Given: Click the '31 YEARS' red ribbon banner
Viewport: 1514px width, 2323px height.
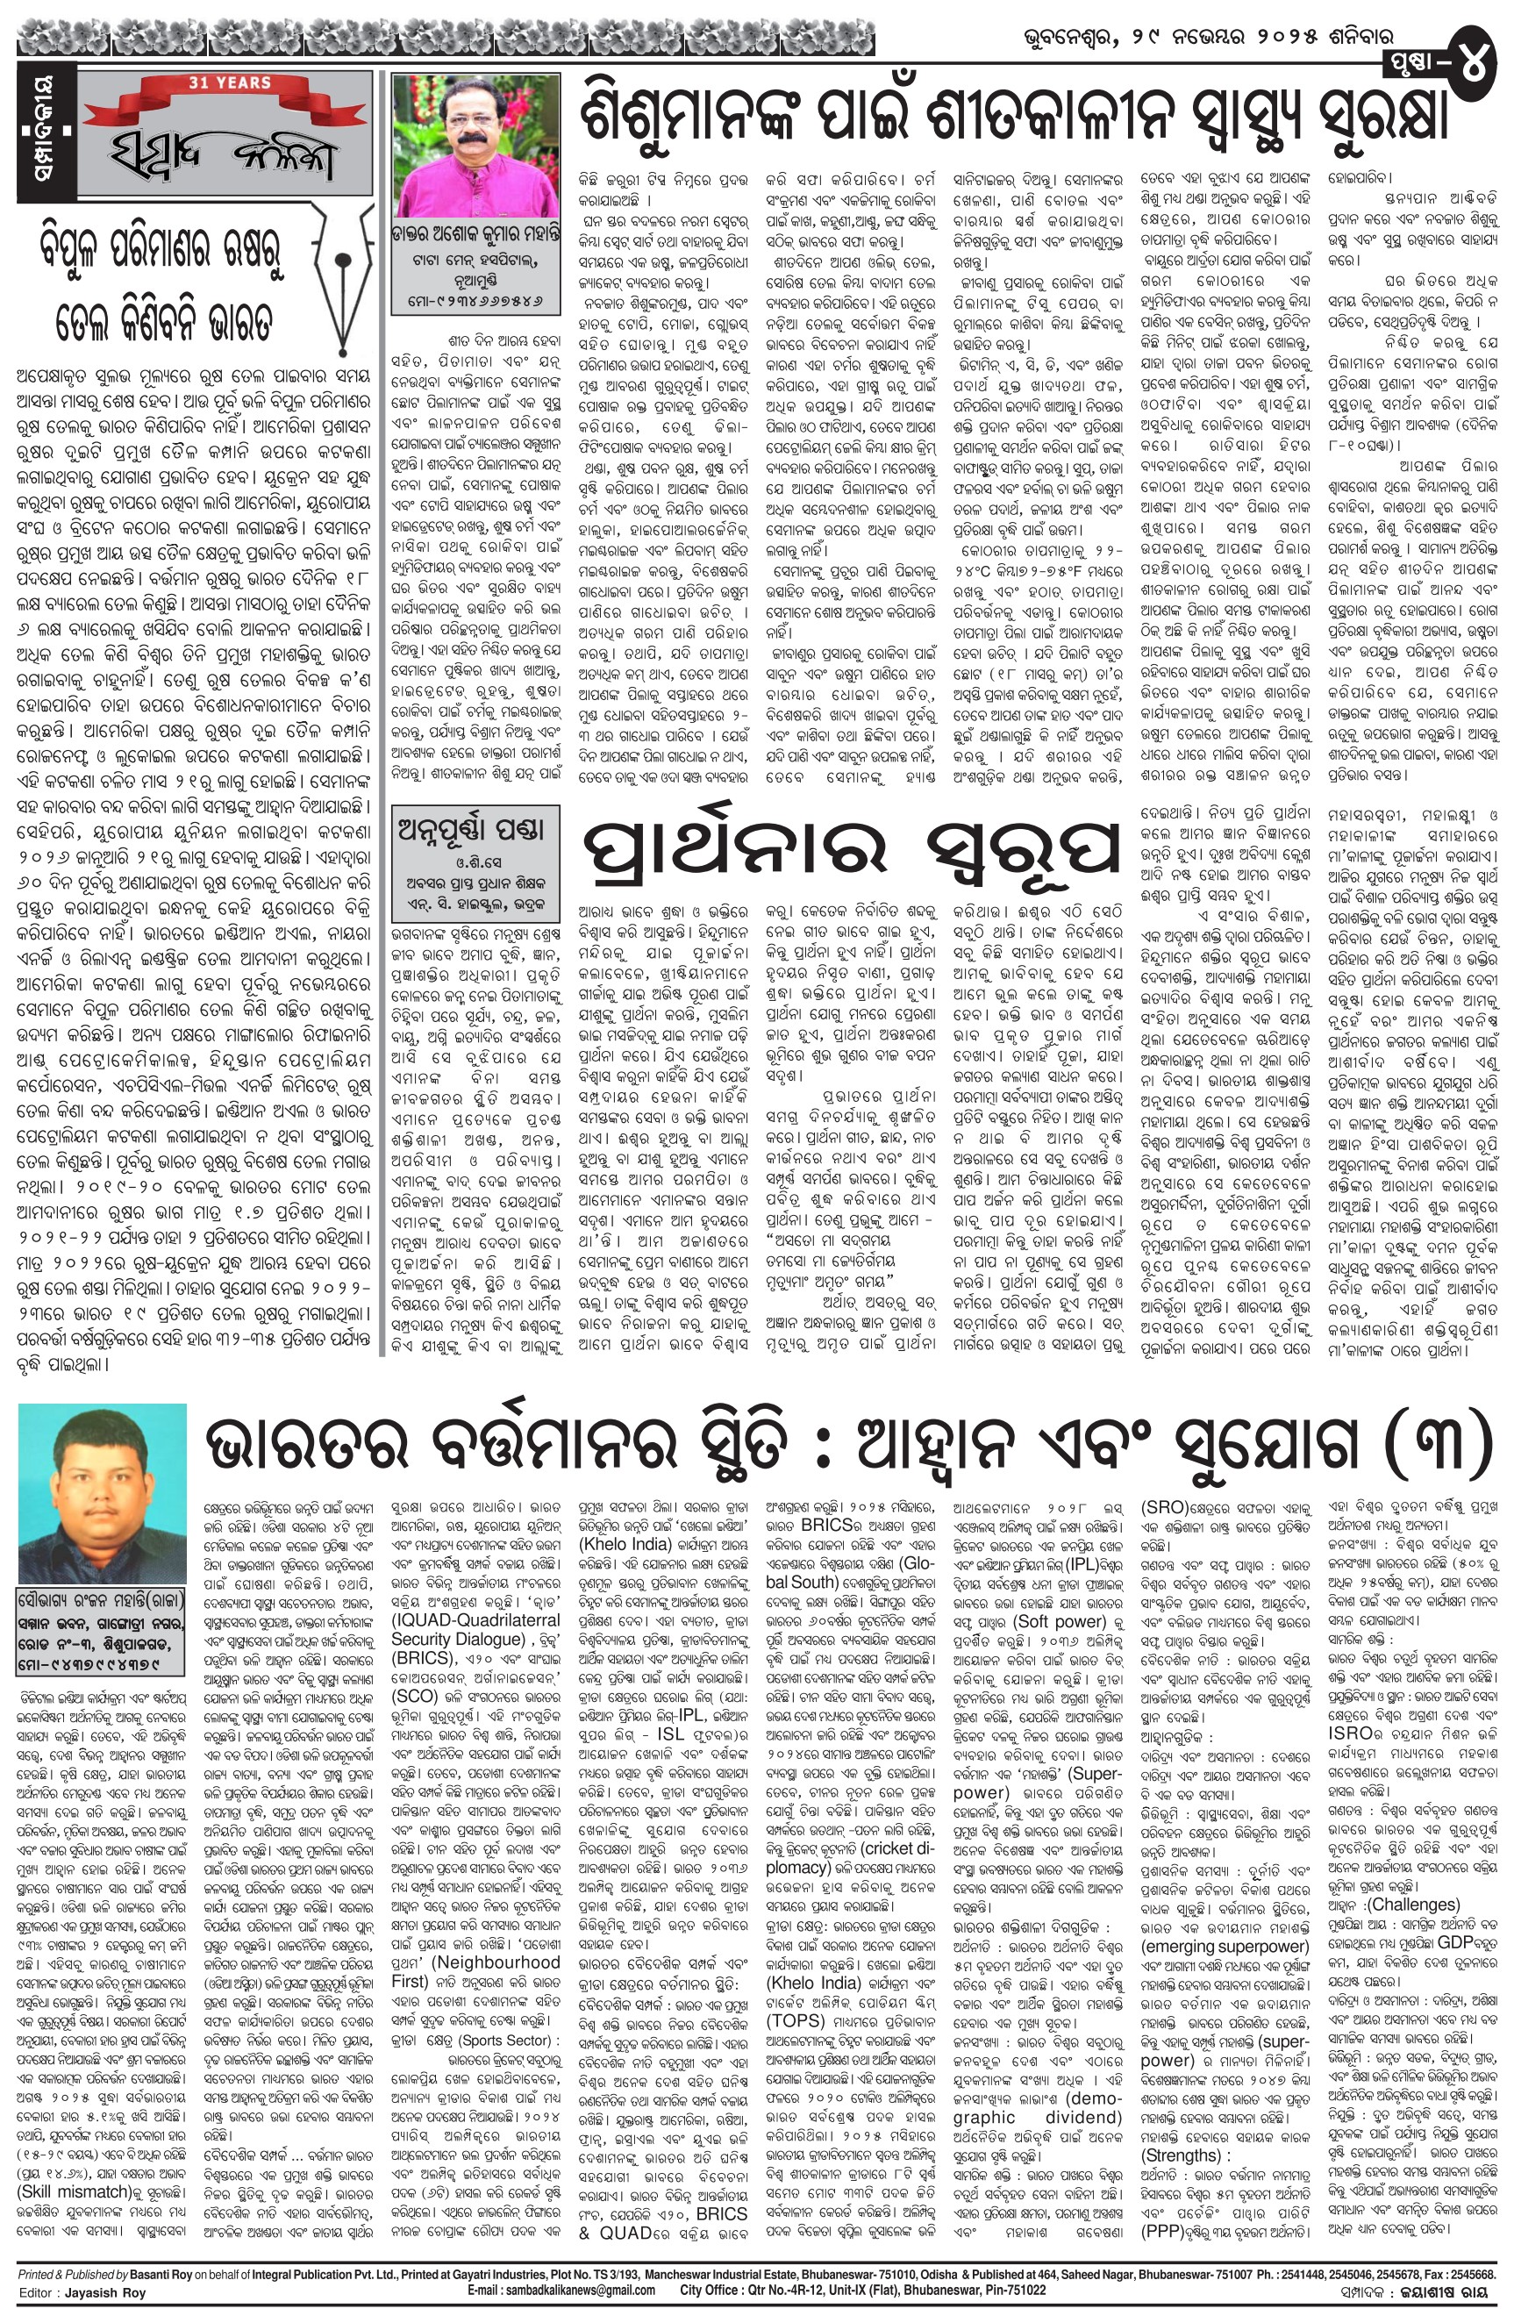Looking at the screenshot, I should pos(231,85).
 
